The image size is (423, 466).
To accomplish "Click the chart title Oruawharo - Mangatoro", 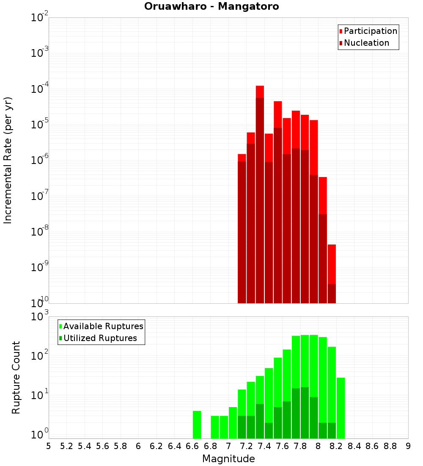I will point(211,6).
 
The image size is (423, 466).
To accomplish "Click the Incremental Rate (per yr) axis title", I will point(8,160).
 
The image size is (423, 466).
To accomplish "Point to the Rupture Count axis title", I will point(16,377).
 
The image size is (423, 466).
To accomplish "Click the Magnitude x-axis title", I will point(228,459).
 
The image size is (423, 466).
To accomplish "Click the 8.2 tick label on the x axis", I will point(336,446).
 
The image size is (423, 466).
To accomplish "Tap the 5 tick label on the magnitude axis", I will point(49,446).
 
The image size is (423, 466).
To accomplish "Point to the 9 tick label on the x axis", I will point(408,446).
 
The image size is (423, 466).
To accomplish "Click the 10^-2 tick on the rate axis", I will point(39,18).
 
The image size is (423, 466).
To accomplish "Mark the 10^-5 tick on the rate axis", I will point(39,125).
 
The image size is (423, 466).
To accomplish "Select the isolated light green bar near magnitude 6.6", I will point(197,424).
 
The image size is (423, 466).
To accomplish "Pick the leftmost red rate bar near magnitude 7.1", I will point(242,229).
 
